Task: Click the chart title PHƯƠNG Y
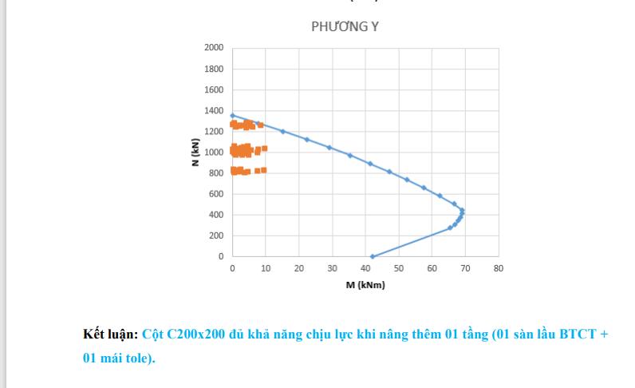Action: (x=345, y=26)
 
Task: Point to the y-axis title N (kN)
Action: (x=195, y=152)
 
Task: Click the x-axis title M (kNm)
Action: (x=365, y=285)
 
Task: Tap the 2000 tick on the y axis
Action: (x=213, y=48)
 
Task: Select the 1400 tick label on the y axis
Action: (x=213, y=110)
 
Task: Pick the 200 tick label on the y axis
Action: (x=216, y=236)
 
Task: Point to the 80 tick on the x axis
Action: (x=499, y=268)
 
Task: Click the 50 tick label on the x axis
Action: (x=398, y=268)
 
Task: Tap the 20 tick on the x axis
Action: (x=298, y=268)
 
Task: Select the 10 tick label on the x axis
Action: (x=265, y=268)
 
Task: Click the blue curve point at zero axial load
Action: (x=372, y=256)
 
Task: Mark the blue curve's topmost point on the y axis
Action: (x=232, y=115)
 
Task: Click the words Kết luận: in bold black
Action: (x=111, y=334)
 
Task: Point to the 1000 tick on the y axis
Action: (x=213, y=152)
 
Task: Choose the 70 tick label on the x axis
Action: (x=465, y=268)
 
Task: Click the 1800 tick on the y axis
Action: (x=213, y=69)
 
